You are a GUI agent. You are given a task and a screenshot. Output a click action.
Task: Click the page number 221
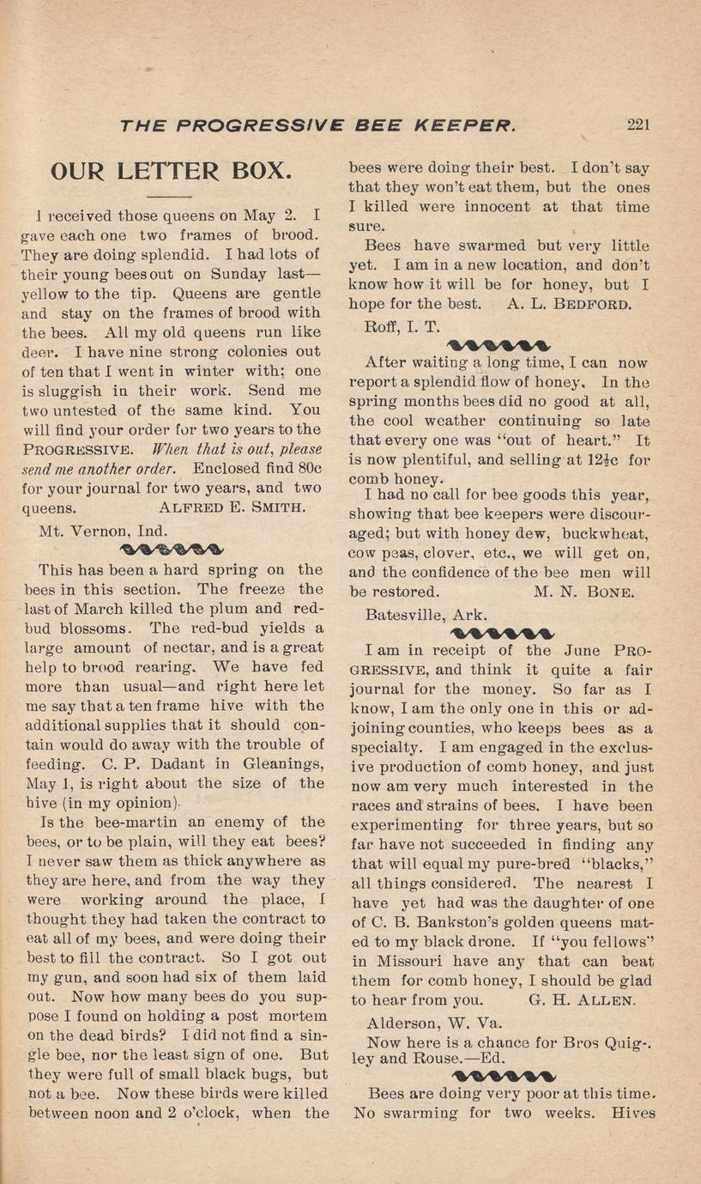[x=638, y=124]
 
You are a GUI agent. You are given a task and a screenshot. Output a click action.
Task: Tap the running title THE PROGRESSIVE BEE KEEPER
[x=318, y=124]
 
